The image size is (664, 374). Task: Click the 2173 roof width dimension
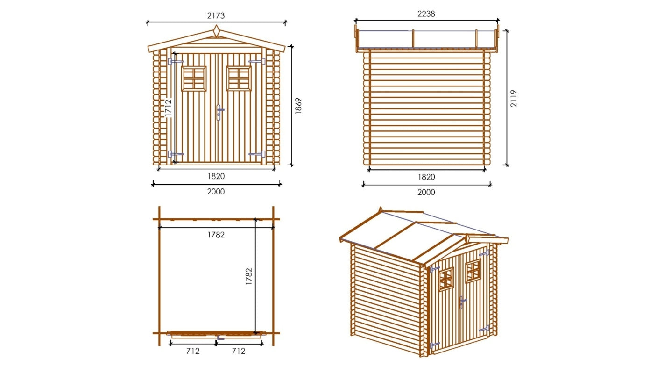coord(216,15)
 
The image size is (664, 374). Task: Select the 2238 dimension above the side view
coord(426,14)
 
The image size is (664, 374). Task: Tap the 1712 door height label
coord(169,107)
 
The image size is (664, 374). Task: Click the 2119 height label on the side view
coord(514,99)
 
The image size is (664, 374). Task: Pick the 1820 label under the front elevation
coord(216,176)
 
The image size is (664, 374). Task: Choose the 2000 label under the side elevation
coord(426,192)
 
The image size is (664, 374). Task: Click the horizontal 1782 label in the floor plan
coord(216,235)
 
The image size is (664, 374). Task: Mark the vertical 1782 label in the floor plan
coord(248,277)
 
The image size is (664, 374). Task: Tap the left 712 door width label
coord(193,351)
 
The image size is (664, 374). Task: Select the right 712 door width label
coord(238,351)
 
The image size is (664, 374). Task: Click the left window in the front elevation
coord(194,78)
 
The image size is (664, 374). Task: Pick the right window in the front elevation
coord(239,78)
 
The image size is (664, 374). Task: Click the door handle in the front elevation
coord(219,112)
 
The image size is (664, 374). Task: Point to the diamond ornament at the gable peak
coord(216,31)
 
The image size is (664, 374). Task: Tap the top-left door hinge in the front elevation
coord(176,61)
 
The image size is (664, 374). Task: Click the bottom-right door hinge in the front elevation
coord(257,154)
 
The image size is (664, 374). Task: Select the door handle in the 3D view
coord(461,302)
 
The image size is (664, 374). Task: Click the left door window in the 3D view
coord(445,279)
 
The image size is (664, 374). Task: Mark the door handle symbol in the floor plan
coord(219,338)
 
